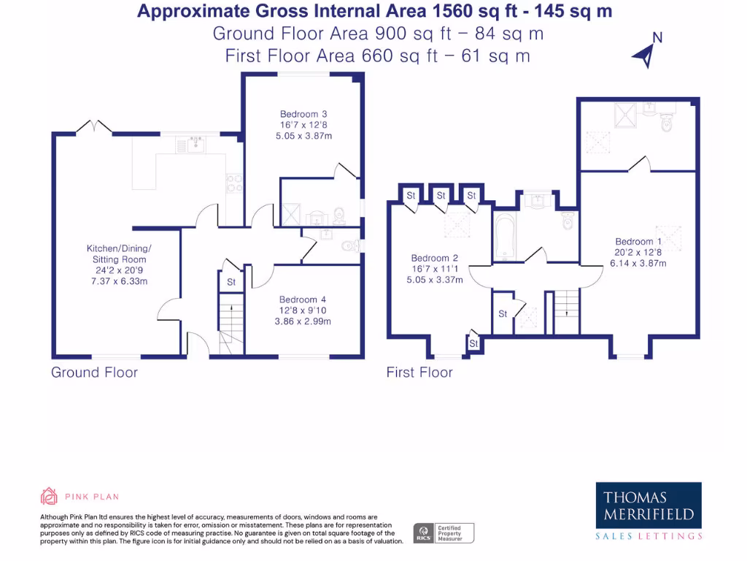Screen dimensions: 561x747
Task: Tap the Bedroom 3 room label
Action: point(303,114)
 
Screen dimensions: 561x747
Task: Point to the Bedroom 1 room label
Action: point(638,242)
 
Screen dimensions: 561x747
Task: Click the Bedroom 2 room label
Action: point(435,258)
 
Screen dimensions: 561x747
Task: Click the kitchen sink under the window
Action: point(194,145)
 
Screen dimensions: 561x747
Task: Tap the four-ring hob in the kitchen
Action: point(235,183)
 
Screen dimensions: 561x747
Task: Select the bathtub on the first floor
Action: point(505,235)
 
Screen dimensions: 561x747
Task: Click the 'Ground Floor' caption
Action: point(94,373)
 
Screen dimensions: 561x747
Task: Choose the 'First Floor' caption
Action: point(419,373)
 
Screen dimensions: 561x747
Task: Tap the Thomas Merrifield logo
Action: point(649,511)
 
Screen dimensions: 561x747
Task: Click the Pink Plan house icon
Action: point(49,497)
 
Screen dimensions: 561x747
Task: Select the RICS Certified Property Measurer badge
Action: point(444,533)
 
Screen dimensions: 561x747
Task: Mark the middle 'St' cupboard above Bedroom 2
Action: point(441,196)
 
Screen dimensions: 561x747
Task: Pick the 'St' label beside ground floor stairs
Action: point(231,282)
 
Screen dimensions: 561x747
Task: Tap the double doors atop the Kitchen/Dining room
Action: point(94,128)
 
